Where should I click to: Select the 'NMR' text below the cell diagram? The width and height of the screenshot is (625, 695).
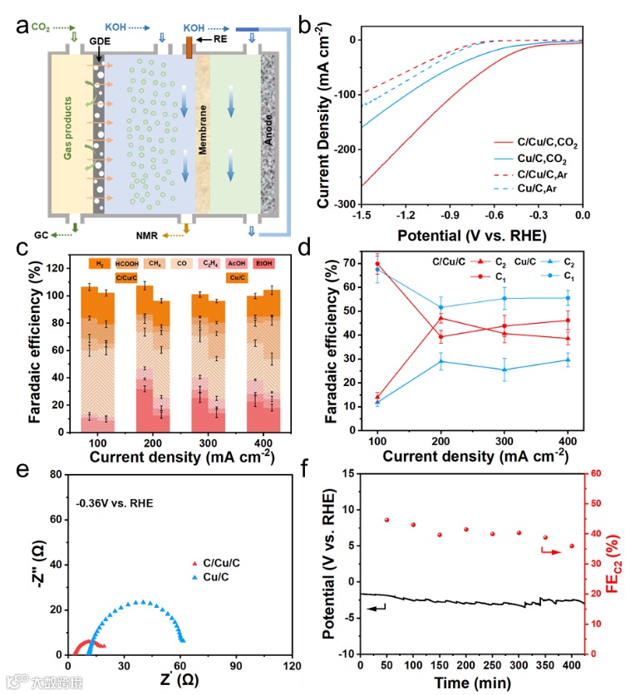150,235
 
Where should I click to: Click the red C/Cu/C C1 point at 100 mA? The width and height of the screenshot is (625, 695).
377,265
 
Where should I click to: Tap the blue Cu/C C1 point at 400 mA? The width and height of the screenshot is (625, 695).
568,297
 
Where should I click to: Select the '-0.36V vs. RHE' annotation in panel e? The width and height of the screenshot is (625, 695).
116,502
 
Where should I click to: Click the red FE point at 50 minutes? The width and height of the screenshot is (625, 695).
386,520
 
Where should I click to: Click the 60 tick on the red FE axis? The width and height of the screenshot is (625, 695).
597,473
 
